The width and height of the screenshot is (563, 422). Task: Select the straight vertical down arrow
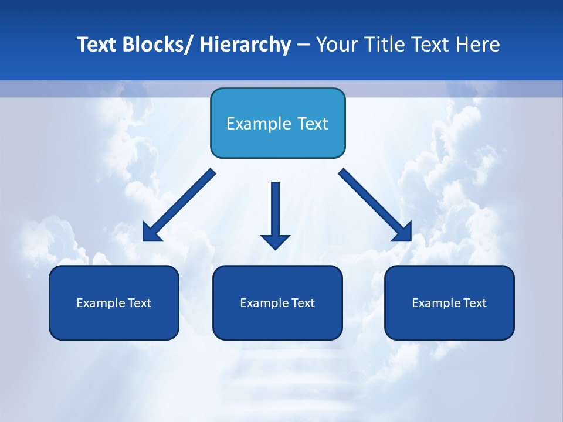(275, 211)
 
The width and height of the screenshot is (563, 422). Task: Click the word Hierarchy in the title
(245, 45)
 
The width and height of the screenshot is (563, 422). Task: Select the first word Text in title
(96, 45)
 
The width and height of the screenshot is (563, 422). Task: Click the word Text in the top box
(311, 124)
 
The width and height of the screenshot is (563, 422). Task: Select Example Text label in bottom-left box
(114, 303)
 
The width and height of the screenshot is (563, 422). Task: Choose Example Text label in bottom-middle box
(277, 303)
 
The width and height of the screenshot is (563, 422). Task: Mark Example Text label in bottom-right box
(449, 303)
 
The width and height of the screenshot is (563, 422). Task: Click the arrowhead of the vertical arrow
(275, 241)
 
